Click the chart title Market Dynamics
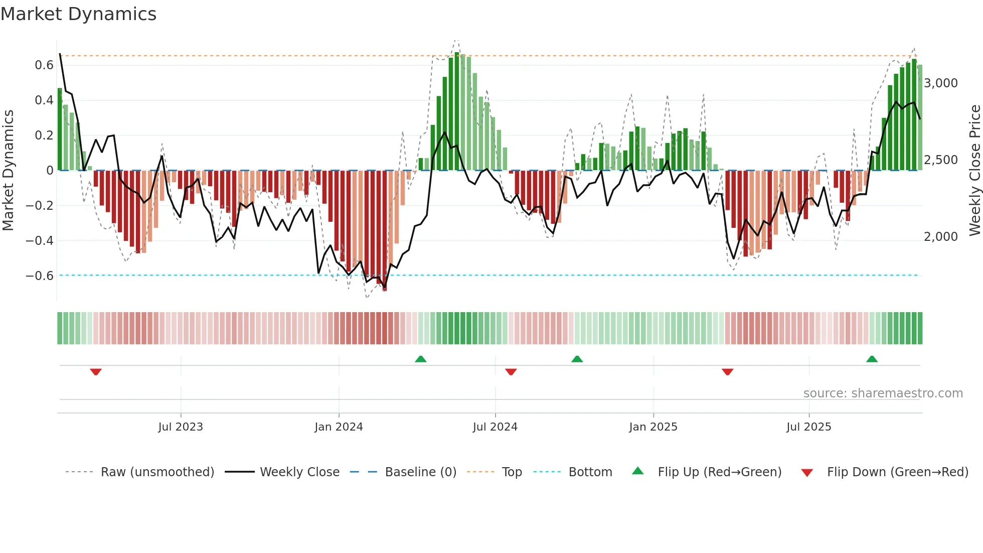point(78,14)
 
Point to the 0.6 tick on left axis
point(44,65)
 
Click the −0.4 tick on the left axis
point(40,241)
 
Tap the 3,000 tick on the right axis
point(940,83)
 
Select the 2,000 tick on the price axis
point(940,237)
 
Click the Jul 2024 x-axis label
point(495,427)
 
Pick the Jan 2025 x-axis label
point(653,427)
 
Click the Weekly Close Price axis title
point(974,171)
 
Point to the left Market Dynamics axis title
point(8,171)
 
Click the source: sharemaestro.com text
point(883,393)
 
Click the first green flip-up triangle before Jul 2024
point(421,359)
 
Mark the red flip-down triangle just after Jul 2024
point(511,372)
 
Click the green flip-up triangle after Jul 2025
point(872,359)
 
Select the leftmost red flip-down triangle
point(96,372)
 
